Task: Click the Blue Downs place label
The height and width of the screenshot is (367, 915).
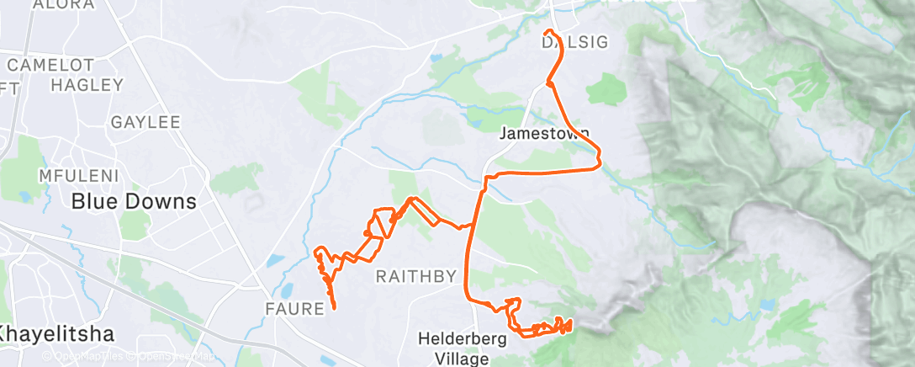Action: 134,202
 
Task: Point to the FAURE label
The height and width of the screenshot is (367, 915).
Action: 295,309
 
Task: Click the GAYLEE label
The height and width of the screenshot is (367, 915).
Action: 145,122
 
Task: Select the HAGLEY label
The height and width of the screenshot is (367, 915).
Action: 87,85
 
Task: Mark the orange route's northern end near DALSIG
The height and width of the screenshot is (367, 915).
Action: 548,32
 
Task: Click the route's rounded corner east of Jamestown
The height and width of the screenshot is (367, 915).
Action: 598,157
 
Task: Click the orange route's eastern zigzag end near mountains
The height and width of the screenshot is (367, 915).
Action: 570,322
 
